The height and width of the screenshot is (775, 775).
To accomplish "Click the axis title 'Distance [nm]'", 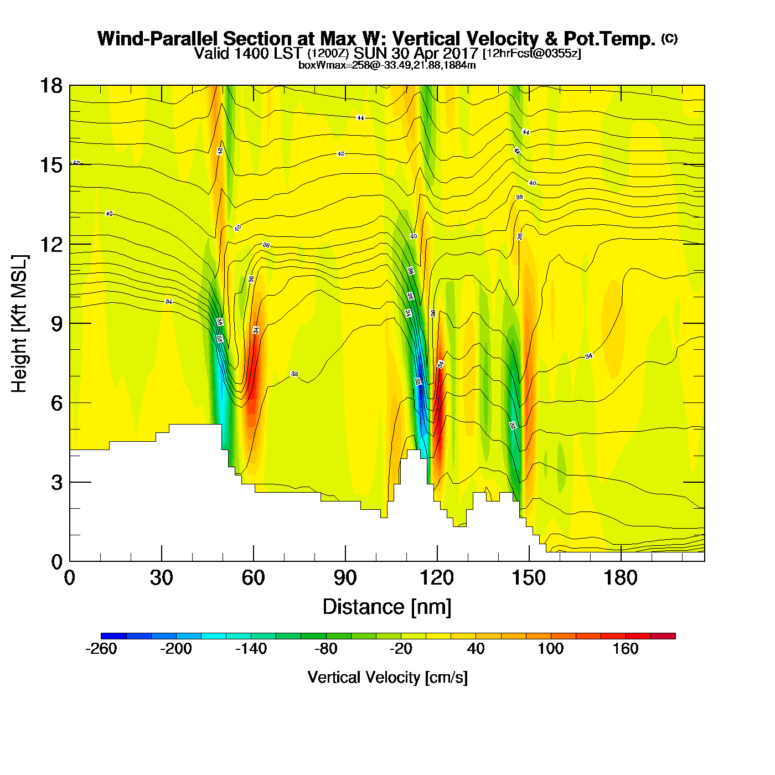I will [387, 607].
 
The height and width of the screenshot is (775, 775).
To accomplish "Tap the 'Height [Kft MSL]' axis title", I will [20, 324].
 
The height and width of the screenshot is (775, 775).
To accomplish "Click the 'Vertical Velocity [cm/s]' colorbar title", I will [387, 678].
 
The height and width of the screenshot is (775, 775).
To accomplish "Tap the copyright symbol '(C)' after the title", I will [669, 38].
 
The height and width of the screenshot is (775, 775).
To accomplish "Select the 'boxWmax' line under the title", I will [387, 65].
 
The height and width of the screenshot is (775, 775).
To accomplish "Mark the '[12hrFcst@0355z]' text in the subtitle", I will [532, 54].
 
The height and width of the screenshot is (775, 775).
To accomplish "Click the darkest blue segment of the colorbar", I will [113, 635].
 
